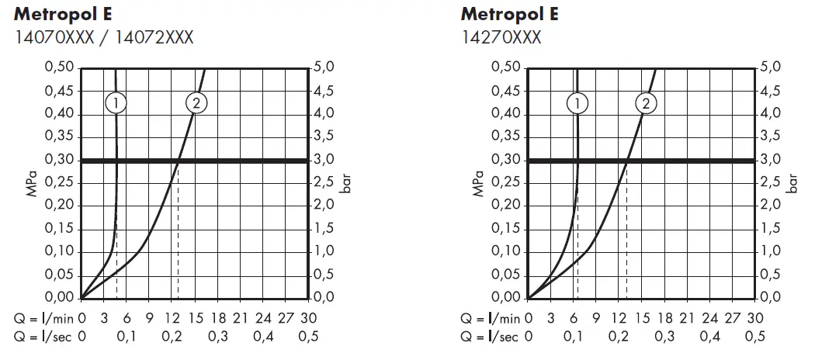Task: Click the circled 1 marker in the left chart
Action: click(x=116, y=102)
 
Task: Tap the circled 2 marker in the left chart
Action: click(x=196, y=102)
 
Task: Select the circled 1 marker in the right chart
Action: click(x=577, y=102)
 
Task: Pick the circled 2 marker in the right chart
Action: click(x=646, y=102)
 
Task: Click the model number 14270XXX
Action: click(x=501, y=37)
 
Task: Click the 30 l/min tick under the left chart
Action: click(x=309, y=318)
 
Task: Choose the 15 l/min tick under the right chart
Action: click(x=640, y=318)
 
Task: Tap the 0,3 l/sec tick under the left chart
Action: click(x=218, y=336)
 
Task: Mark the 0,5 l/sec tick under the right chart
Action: click(x=754, y=336)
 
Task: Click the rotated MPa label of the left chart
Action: click(x=32, y=183)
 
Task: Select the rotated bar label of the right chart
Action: click(x=794, y=183)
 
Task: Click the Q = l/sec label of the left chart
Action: click(x=43, y=336)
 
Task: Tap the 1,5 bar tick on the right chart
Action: click(x=770, y=229)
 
